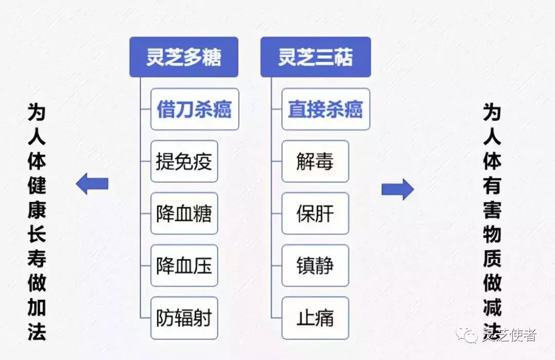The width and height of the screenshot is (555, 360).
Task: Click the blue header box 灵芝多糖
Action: [x=183, y=57]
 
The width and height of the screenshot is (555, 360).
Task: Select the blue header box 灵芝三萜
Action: [x=315, y=57]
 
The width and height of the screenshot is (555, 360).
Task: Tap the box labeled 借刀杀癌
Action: [x=194, y=109]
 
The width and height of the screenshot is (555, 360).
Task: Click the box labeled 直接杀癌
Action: [x=325, y=109]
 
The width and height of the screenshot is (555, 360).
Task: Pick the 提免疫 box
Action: [x=184, y=161]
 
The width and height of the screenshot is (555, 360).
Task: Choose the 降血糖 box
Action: [x=184, y=213]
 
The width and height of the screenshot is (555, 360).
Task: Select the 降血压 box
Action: [x=184, y=265]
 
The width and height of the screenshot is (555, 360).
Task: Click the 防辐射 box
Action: [x=184, y=318]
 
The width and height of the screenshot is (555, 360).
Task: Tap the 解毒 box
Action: [x=315, y=161]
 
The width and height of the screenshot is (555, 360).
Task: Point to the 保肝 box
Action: [x=315, y=213]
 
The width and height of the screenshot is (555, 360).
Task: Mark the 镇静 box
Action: [x=315, y=265]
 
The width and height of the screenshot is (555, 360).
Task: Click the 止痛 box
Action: [x=315, y=318]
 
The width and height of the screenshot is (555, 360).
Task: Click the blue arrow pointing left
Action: [x=92, y=184]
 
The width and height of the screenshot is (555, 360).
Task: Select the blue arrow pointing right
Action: [x=397, y=189]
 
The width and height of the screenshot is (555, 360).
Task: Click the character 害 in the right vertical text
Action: [x=492, y=210]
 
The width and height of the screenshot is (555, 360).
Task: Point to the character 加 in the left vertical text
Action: [x=37, y=308]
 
